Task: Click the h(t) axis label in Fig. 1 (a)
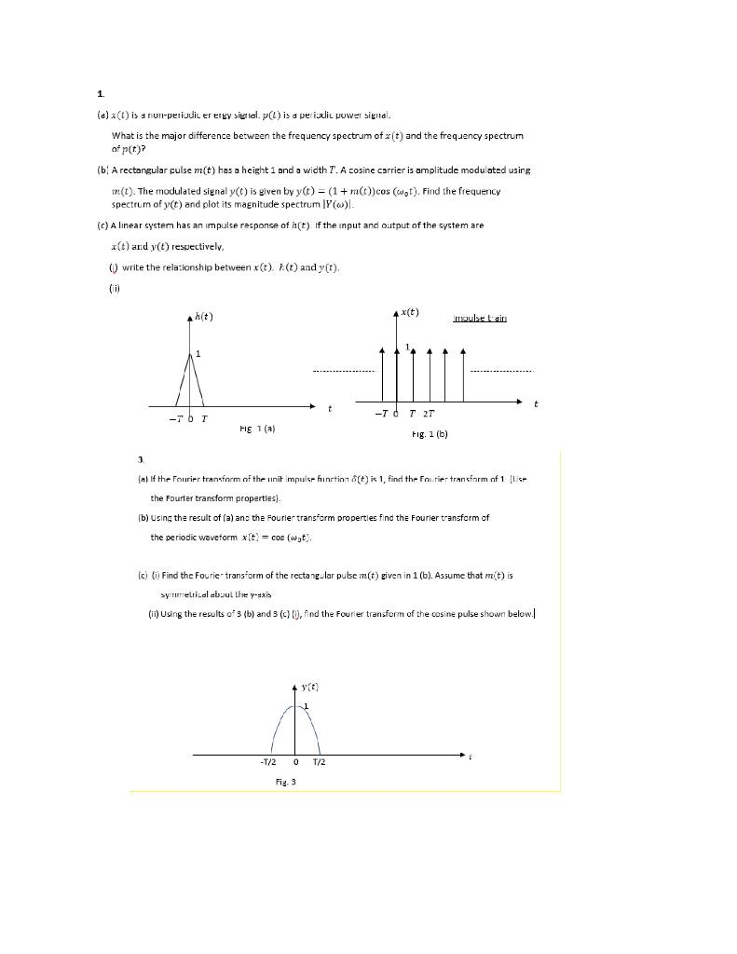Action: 204,317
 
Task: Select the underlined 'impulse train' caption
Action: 480,318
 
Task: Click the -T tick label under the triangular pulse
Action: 175,419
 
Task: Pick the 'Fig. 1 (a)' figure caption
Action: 256,429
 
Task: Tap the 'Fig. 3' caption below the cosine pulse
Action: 286,783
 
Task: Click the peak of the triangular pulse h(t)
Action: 191,353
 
